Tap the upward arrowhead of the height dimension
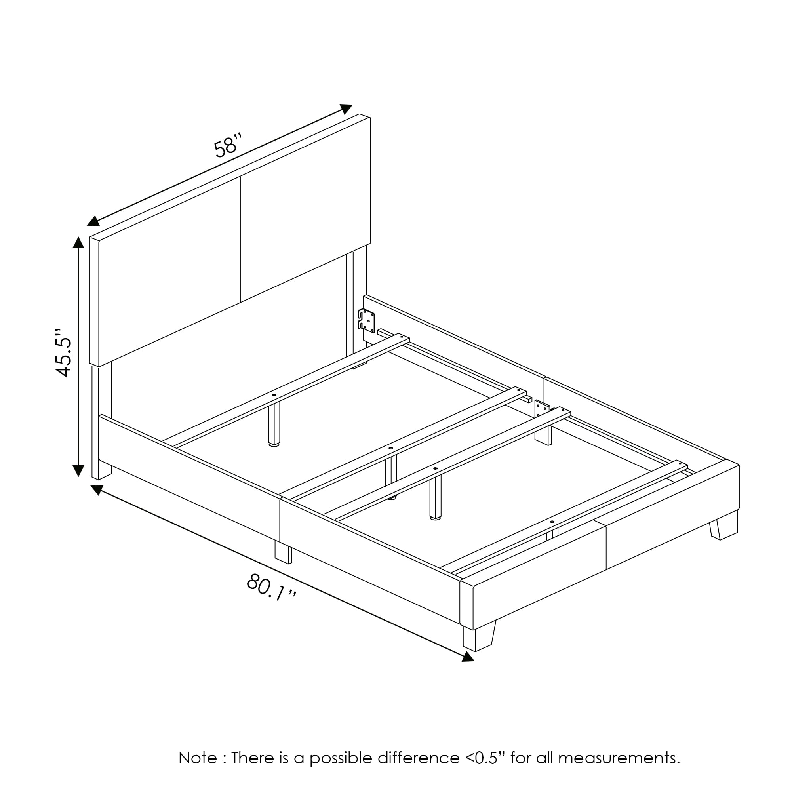[x=78, y=242]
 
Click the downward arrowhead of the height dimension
[x=78, y=471]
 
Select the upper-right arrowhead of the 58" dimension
[x=346, y=109]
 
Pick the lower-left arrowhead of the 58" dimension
[x=93, y=221]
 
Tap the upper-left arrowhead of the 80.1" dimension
[x=97, y=489]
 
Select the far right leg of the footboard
[x=724, y=525]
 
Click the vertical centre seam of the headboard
[x=240, y=240]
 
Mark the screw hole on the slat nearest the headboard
[x=274, y=395]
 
